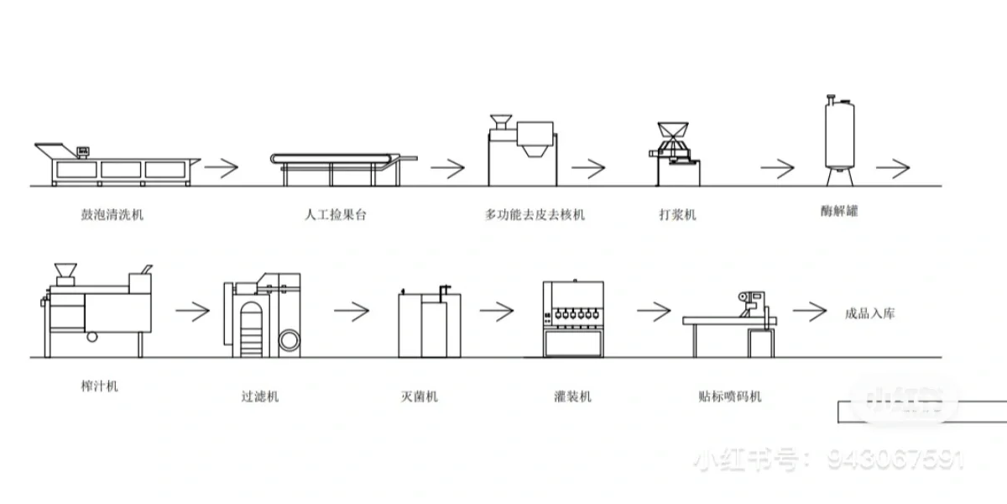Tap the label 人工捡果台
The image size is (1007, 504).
click(x=335, y=214)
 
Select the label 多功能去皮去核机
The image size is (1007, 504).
click(x=535, y=214)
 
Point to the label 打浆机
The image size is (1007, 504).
click(x=677, y=214)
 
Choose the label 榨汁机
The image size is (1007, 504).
click(x=95, y=386)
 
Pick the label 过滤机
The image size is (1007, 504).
click(x=259, y=396)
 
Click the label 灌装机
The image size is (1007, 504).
click(x=573, y=396)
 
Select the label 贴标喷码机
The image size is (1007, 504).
click(x=730, y=396)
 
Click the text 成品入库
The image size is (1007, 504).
click(x=869, y=313)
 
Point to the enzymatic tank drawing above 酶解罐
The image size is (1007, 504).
click(x=839, y=139)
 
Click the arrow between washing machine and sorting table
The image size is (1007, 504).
click(x=221, y=167)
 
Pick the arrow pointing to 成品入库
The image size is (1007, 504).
click(x=809, y=312)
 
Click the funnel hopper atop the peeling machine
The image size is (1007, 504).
click(x=502, y=120)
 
